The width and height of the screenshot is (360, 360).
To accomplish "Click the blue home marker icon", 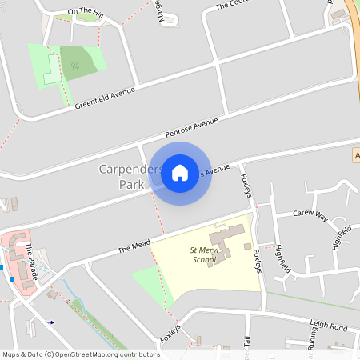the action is (180, 172).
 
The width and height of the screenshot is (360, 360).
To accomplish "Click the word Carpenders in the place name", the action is (131, 170).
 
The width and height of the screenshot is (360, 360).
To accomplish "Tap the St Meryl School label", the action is (203, 255).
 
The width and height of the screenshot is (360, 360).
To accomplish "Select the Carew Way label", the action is (310, 214).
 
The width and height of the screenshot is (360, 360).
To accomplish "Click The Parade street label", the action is (30, 256).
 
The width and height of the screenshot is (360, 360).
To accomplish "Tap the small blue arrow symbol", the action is (50, 322).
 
